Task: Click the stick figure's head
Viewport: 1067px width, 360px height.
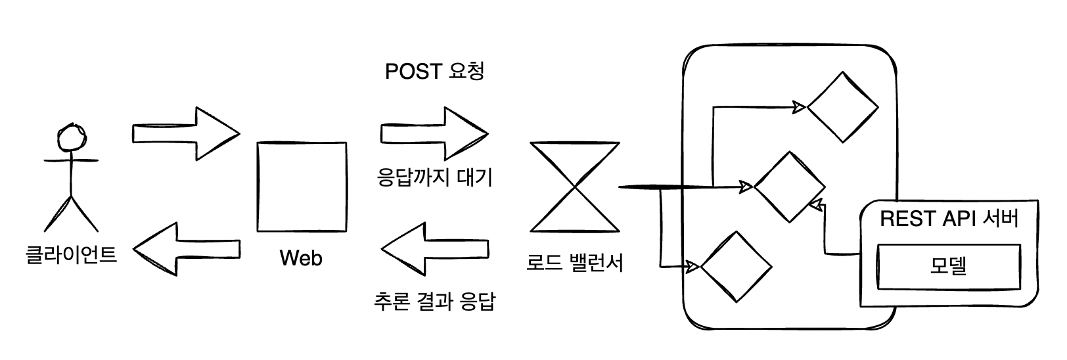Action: [70, 138]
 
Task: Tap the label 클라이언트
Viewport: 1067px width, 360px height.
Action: [70, 254]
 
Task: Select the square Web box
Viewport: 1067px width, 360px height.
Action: [302, 186]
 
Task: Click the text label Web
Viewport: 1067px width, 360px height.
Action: [302, 258]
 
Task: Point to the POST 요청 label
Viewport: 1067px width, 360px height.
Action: [434, 71]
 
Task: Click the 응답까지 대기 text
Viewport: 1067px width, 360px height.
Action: [434, 177]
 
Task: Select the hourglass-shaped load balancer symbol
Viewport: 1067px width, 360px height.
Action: [576, 187]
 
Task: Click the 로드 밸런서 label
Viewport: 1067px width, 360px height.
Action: [576, 263]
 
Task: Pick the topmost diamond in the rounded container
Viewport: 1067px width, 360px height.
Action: [842, 107]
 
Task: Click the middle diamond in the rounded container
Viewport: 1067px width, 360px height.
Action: [789, 187]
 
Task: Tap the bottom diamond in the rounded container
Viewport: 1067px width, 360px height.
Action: [736, 267]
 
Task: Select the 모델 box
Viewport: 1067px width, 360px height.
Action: [949, 266]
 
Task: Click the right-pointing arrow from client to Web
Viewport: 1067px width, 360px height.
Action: [186, 133]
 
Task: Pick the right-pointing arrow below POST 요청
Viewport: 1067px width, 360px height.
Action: [434, 133]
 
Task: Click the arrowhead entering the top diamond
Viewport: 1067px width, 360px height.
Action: [800, 106]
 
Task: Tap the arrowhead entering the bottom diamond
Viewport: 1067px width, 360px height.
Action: [692, 266]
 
